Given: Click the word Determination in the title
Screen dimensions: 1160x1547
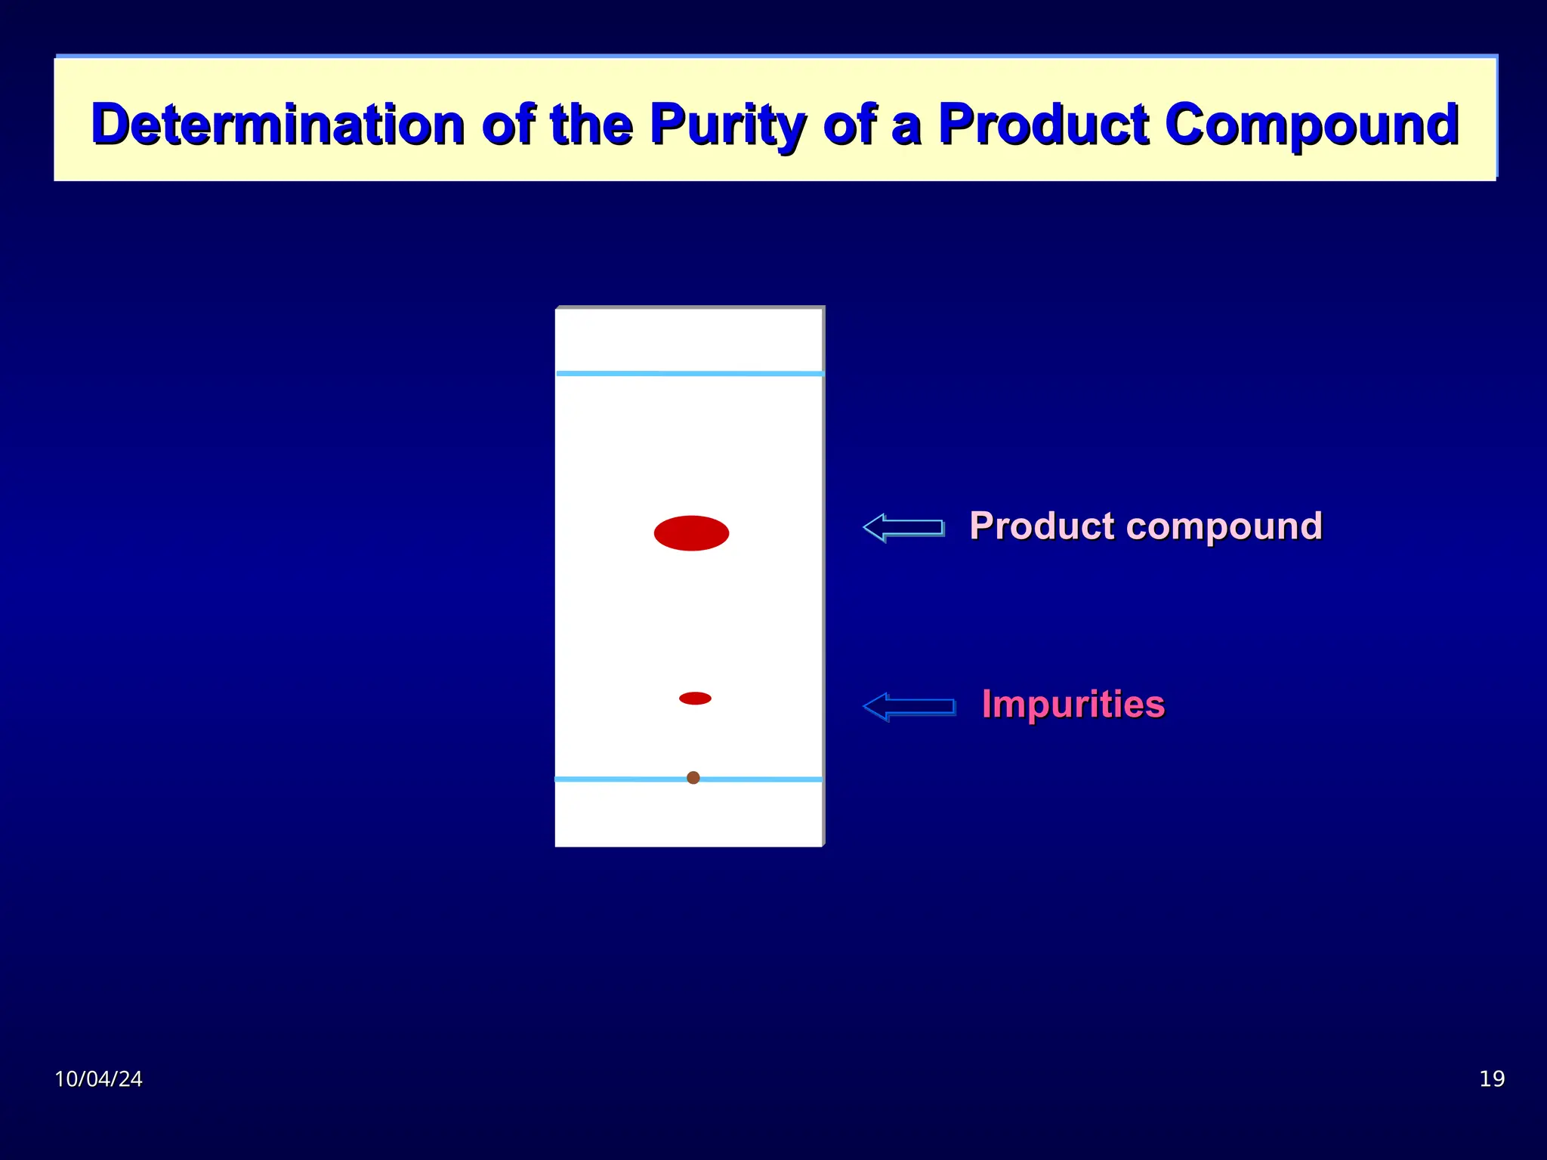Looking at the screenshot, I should pyautogui.click(x=277, y=125).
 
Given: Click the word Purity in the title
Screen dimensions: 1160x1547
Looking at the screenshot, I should pyautogui.click(x=727, y=125).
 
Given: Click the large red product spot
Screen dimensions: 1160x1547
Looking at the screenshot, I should pyautogui.click(x=691, y=533).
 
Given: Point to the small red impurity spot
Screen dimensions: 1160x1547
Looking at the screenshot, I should pyautogui.click(x=695, y=698).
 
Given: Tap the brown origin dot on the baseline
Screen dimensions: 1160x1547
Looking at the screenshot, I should pyautogui.click(x=693, y=777).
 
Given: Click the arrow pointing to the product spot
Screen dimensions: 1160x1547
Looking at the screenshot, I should pyautogui.click(x=903, y=527).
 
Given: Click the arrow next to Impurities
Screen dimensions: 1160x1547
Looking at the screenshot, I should pyautogui.click(x=909, y=707).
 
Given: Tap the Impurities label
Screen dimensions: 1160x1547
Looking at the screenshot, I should pyautogui.click(x=1073, y=704).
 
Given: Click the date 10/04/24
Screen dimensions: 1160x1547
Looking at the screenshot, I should pyautogui.click(x=98, y=1078).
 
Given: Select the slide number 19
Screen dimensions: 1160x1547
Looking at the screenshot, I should pyautogui.click(x=1492, y=1078).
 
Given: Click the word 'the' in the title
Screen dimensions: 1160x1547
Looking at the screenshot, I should pyautogui.click(x=591, y=125).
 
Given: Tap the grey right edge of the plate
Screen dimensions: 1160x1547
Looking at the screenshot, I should pyautogui.click(x=823, y=574).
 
